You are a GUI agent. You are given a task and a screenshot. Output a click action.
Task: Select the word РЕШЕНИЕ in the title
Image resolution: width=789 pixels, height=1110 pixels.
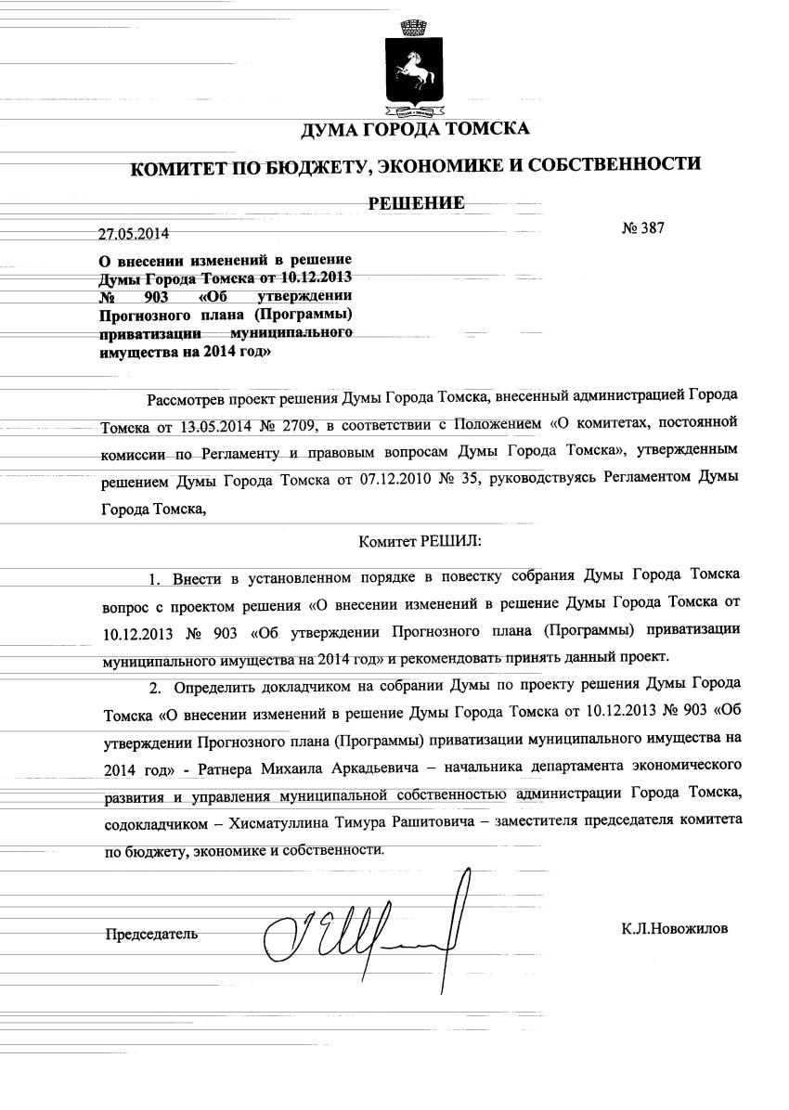(x=416, y=202)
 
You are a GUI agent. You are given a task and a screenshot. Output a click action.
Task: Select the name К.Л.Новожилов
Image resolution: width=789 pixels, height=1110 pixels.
(x=675, y=928)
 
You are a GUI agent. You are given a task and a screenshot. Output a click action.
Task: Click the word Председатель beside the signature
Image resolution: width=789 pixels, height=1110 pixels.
(x=151, y=933)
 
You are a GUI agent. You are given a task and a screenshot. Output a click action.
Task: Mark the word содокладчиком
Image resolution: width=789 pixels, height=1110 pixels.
(x=149, y=823)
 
